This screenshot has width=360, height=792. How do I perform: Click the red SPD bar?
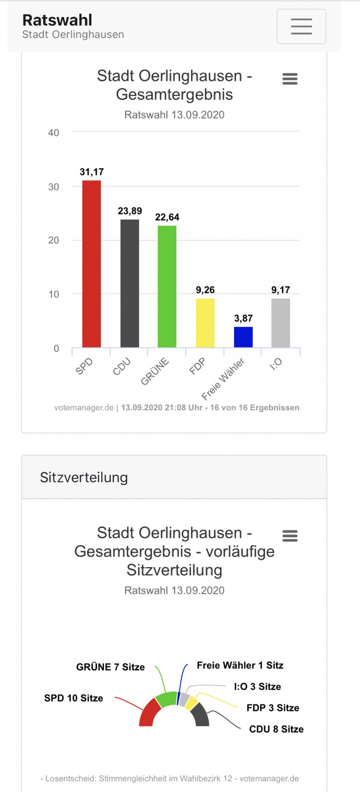point(91,264)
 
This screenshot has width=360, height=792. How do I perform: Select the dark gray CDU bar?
point(130,283)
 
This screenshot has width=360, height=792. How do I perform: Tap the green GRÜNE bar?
point(167,286)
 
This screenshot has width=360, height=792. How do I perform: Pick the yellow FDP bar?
point(205,323)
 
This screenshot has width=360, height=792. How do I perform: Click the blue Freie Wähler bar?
point(243,337)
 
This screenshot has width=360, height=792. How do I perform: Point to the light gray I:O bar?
point(280,323)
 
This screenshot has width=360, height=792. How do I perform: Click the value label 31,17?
point(91,172)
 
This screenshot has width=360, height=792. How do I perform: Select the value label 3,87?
point(243,318)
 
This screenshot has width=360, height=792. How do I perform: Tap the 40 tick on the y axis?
point(53,133)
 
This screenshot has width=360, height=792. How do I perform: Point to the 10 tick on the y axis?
point(53,294)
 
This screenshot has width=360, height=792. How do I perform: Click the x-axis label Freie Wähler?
point(223,379)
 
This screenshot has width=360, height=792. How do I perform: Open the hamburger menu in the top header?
point(301,27)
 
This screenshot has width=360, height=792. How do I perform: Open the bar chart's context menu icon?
point(290,79)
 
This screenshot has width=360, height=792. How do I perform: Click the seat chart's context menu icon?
point(290,536)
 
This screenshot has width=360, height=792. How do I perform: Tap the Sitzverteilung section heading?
point(84,478)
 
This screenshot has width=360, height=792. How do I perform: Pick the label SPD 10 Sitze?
point(74,698)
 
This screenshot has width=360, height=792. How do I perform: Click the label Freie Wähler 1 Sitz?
point(240,665)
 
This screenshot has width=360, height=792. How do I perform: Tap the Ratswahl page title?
point(57,20)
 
